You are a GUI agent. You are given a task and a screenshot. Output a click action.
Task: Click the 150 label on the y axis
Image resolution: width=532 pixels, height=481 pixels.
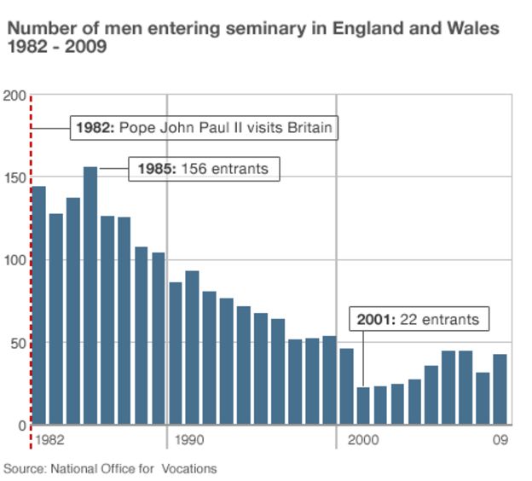coord(14,177)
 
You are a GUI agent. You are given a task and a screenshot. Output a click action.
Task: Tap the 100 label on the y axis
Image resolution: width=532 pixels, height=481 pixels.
coord(14,260)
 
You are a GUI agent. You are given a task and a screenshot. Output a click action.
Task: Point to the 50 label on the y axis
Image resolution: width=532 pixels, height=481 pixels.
coord(18,343)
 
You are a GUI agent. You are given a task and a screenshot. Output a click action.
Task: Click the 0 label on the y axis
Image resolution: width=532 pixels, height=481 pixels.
coord(21,425)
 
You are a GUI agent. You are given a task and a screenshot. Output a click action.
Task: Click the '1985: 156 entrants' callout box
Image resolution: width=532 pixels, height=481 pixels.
coord(204,169)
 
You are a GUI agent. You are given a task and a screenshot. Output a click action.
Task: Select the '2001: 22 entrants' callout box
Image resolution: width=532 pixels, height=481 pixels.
coord(418,320)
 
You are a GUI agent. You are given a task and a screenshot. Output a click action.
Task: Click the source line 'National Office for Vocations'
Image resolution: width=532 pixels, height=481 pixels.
coord(133,469)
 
